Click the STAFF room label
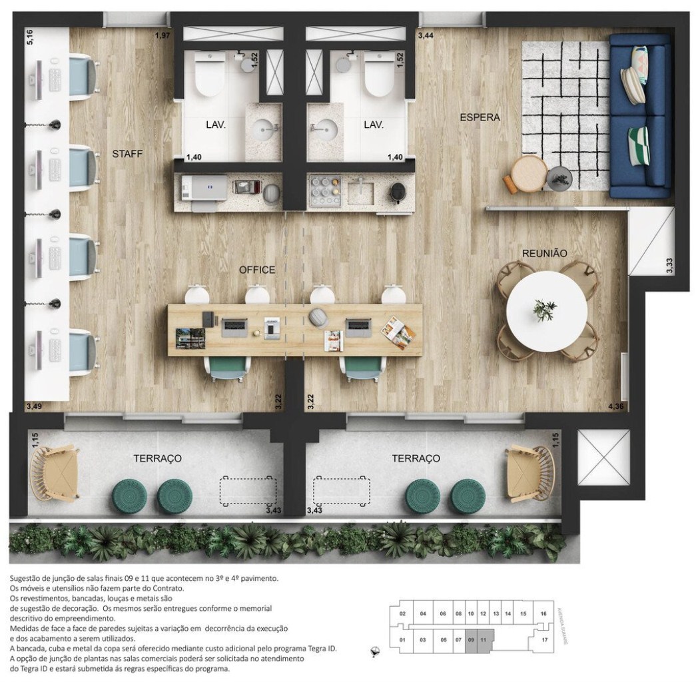[128, 155]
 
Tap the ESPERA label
[480, 118]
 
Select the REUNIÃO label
[545, 254]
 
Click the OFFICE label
[257, 270]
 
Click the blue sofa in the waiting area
[640, 117]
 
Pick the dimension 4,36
[615, 406]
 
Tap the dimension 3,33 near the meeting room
[669, 266]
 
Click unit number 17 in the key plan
[544, 641]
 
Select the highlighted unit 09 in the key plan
[471, 641]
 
